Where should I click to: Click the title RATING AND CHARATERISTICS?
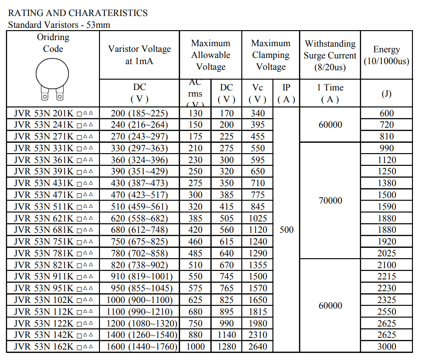(x=78, y=13)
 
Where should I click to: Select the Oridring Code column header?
(x=53, y=43)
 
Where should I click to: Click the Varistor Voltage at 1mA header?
(x=140, y=55)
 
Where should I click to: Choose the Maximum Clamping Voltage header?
(x=271, y=55)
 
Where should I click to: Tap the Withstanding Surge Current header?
(x=330, y=55)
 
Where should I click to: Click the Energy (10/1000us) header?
(x=387, y=55)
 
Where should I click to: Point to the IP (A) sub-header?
(x=286, y=93)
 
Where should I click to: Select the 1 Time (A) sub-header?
(x=330, y=93)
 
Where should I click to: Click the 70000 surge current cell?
(x=330, y=201)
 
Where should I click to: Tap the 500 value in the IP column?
(x=286, y=230)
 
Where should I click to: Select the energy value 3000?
(x=387, y=347)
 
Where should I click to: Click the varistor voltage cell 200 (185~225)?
(x=140, y=113)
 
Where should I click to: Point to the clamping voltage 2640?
(x=257, y=347)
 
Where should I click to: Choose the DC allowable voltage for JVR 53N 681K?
(x=226, y=230)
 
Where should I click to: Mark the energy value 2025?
(x=387, y=253)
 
